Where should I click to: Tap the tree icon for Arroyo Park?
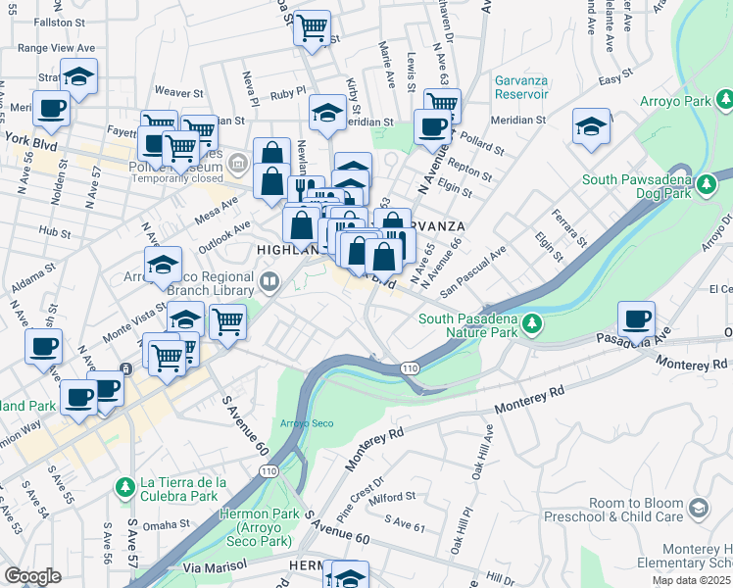723,99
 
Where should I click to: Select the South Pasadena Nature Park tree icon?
532,322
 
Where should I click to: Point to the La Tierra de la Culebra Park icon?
124,487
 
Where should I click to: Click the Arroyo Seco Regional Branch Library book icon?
270,284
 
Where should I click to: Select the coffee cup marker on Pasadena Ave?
636,318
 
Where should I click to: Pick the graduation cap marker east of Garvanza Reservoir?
591,126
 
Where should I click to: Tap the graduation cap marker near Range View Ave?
78,75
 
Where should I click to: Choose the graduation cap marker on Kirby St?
327,112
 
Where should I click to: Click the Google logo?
32,575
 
